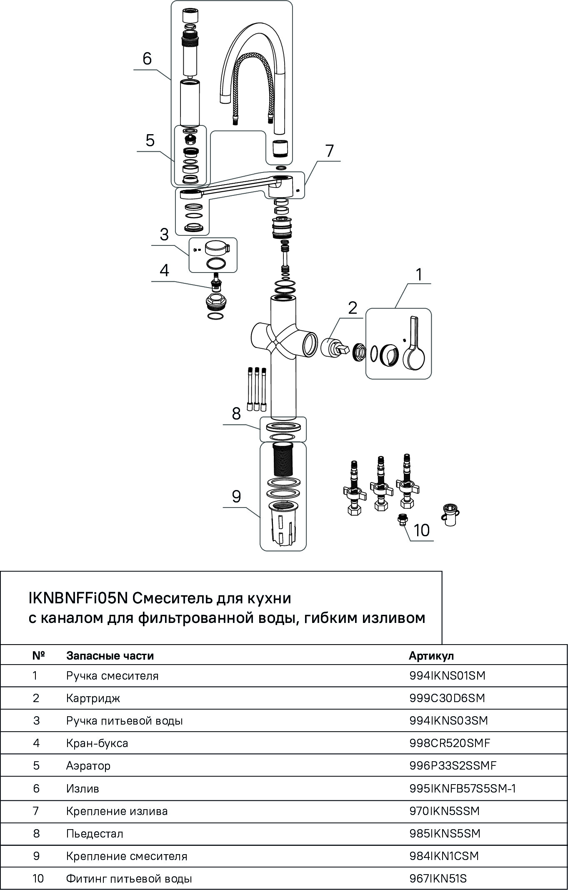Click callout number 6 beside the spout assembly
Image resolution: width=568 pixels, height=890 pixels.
click(147, 59)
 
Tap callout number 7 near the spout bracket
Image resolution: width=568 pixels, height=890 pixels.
click(330, 151)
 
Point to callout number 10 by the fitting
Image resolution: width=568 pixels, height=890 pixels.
click(421, 530)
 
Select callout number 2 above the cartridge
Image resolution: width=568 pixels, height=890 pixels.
click(353, 308)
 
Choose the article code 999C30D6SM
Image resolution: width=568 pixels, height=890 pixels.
click(447, 698)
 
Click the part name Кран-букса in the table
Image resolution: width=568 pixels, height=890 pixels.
click(97, 743)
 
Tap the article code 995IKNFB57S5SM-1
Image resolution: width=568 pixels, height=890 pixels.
click(463, 789)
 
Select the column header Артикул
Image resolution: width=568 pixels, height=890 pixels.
click(431, 656)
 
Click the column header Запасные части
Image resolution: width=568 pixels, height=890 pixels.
click(110, 656)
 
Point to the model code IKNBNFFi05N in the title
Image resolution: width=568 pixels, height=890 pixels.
click(78, 598)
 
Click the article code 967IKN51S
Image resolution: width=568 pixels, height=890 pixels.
click(438, 879)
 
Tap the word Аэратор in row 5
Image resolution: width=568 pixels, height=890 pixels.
click(88, 766)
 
